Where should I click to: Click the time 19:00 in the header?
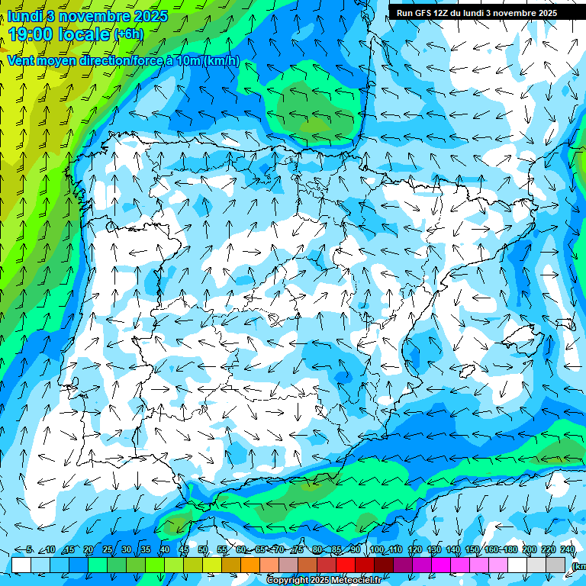coord(34,34)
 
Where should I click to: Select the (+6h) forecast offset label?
coord(128,34)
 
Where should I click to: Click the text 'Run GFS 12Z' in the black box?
coord(423,13)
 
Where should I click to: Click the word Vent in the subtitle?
coord(21,61)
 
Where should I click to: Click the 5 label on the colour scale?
coord(29,550)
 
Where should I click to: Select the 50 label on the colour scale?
coord(203,550)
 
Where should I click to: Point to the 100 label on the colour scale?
coord(376,550)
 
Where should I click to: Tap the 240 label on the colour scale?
coord(568,550)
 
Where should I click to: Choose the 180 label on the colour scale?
coord(510,550)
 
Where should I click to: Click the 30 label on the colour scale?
coord(126,550)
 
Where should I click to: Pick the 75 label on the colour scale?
coord(298,550)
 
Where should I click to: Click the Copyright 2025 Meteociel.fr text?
coord(324,581)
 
